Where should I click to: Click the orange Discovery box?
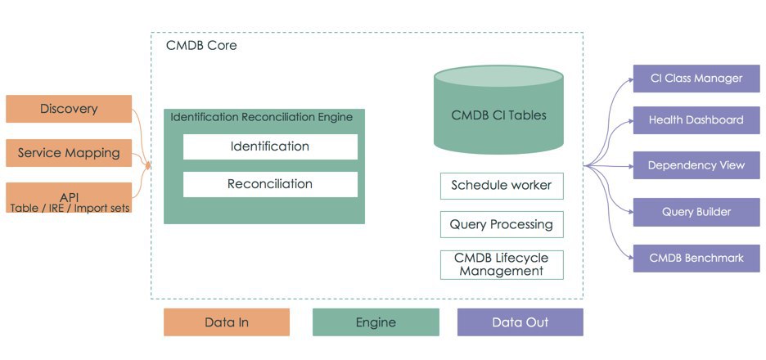pyautogui.click(x=69, y=109)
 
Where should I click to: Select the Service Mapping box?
pyautogui.click(x=69, y=153)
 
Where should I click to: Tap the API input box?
pyautogui.click(x=69, y=198)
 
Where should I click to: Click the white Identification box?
pyautogui.click(x=270, y=146)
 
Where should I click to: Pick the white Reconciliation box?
pyautogui.click(x=270, y=185)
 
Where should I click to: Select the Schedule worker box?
pyautogui.click(x=502, y=186)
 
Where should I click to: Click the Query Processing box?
pyautogui.click(x=502, y=225)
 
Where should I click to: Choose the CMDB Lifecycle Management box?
pyautogui.click(x=502, y=265)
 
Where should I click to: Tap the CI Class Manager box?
pyautogui.click(x=696, y=79)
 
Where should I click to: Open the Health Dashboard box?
pyautogui.click(x=696, y=120)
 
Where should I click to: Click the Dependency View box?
pyautogui.click(x=696, y=165)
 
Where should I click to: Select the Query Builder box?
pyautogui.click(x=696, y=212)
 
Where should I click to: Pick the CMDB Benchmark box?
pyautogui.click(x=696, y=258)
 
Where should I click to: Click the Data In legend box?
pyautogui.click(x=227, y=322)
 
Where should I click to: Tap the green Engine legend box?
pyautogui.click(x=376, y=322)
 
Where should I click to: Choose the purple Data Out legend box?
pyautogui.click(x=520, y=322)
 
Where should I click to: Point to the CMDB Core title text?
pyautogui.click(x=201, y=46)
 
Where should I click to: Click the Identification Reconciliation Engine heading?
pyautogui.click(x=261, y=117)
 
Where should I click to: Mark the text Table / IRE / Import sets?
pyautogui.click(x=70, y=208)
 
